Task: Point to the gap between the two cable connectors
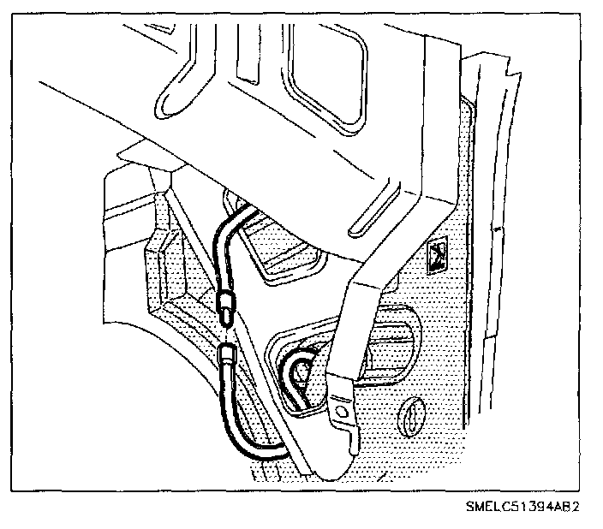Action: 226,331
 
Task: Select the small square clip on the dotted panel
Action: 437,253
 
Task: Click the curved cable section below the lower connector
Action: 248,437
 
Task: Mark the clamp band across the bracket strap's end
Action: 339,386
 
